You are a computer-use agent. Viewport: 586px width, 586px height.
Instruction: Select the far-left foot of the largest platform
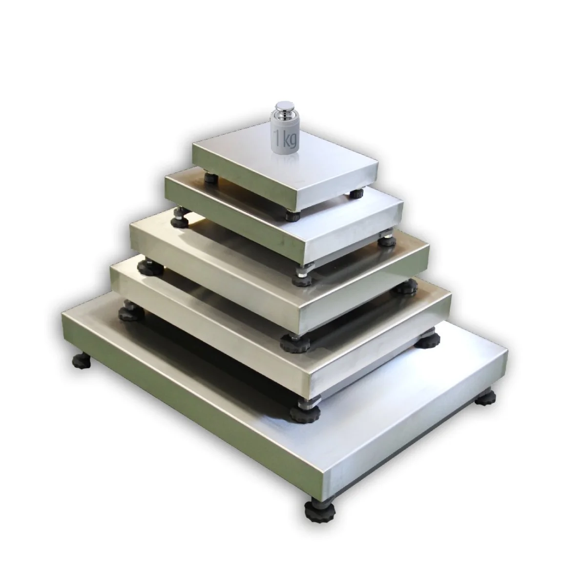coord(82,361)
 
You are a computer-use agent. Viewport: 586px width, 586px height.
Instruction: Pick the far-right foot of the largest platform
coord(485,399)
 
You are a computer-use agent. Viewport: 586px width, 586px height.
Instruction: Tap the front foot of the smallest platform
coord(293,216)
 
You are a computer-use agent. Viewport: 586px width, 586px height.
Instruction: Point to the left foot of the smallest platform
coord(211,178)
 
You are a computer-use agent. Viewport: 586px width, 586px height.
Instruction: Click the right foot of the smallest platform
coord(356,193)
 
